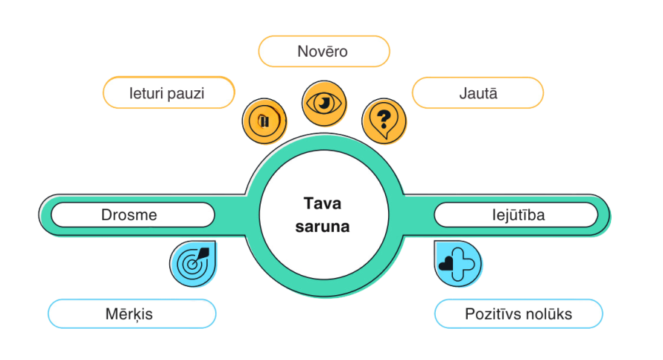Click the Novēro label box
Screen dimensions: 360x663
[x=323, y=52]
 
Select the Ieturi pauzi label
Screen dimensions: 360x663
[x=168, y=93]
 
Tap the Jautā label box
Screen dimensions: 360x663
[x=478, y=93]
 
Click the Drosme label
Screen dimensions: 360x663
[x=129, y=215]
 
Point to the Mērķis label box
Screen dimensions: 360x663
[x=131, y=314]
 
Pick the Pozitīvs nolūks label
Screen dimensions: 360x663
[x=518, y=314]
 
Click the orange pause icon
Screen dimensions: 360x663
[x=264, y=119]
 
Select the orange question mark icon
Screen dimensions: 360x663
[x=384, y=119]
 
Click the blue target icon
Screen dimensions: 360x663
[x=192, y=263]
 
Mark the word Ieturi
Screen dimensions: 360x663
[x=147, y=93]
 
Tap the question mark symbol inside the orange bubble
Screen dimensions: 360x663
[x=384, y=118]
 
